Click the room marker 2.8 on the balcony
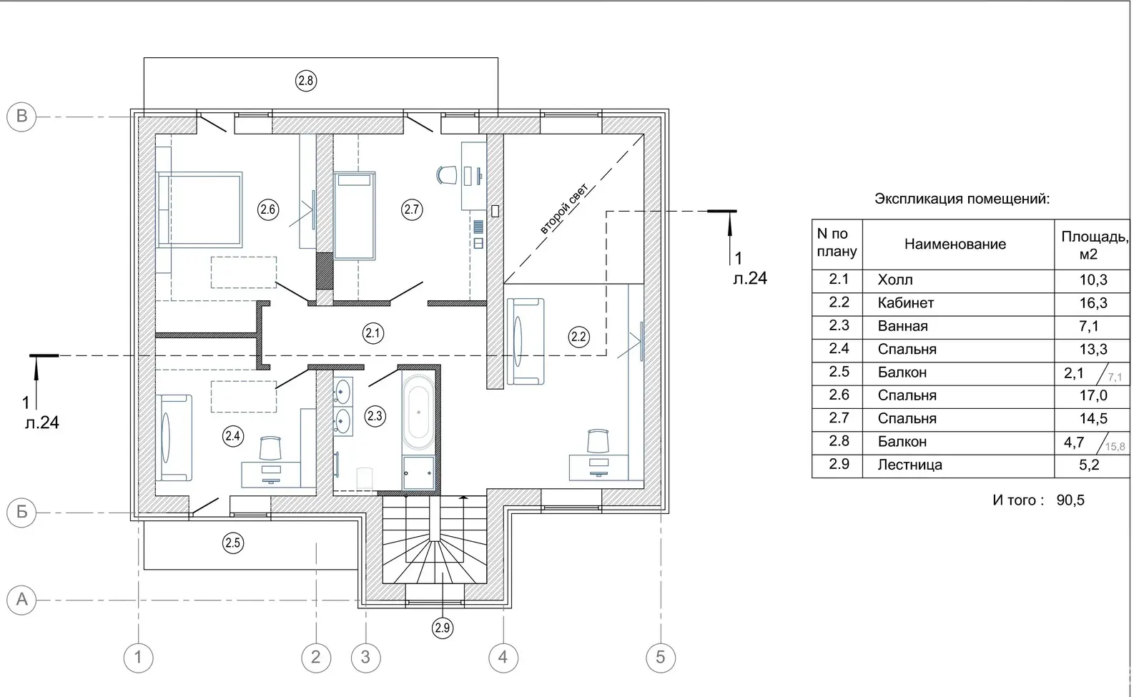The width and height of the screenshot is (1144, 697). click(306, 81)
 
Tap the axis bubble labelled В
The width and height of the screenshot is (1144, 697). click(21, 117)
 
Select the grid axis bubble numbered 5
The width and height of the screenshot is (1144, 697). click(661, 657)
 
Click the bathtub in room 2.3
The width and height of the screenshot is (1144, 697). click(418, 410)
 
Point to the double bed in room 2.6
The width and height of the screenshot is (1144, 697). click(199, 209)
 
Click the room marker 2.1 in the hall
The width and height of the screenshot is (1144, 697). click(373, 333)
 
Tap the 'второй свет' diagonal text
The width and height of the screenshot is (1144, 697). click(564, 208)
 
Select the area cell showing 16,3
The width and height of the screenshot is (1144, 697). click(1093, 303)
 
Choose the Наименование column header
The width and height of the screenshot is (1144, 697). click(955, 244)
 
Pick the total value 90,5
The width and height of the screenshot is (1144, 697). click(1070, 500)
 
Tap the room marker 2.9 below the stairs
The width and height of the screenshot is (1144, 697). click(443, 628)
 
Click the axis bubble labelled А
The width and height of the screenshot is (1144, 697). click(21, 600)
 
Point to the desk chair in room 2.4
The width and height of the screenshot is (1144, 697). click(270, 448)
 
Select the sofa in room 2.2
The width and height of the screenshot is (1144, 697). click(525, 341)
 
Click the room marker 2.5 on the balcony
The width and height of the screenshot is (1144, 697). click(233, 543)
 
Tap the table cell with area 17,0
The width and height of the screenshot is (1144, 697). click(1093, 396)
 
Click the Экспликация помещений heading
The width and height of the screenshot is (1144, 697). click(962, 199)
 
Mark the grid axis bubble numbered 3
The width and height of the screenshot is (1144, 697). click(365, 657)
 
